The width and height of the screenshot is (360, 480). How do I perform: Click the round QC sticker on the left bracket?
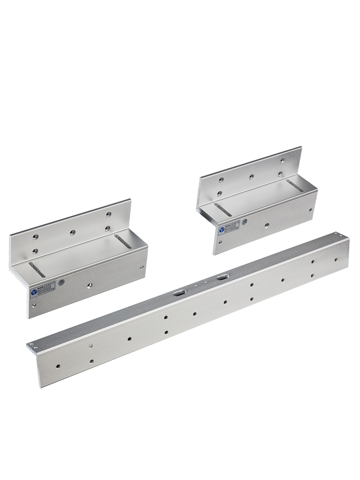tap(61, 282)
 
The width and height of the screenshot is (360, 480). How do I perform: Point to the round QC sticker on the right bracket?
tap(244, 221)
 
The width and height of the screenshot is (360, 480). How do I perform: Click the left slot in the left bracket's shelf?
tap(37, 270)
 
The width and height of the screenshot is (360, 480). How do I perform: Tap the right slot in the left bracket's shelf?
tap(123, 241)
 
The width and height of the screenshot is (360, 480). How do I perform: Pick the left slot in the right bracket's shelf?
tap(223, 209)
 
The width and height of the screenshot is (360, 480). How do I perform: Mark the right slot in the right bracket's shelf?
tap(294, 186)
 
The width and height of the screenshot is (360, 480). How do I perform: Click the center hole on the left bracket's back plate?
tap(72, 232)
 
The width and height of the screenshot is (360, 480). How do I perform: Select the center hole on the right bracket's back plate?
tap(251, 177)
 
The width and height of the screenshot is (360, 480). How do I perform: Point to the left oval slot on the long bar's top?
tap(179, 293)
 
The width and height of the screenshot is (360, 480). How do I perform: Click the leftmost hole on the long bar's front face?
tap(57, 366)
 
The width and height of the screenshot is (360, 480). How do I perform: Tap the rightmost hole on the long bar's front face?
tap(336, 259)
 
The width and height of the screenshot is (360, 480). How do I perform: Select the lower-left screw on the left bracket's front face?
tap(33, 305)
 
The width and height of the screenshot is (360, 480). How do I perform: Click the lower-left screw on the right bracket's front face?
tap(219, 242)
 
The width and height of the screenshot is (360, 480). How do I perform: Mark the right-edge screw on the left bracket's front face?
tap(142, 268)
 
